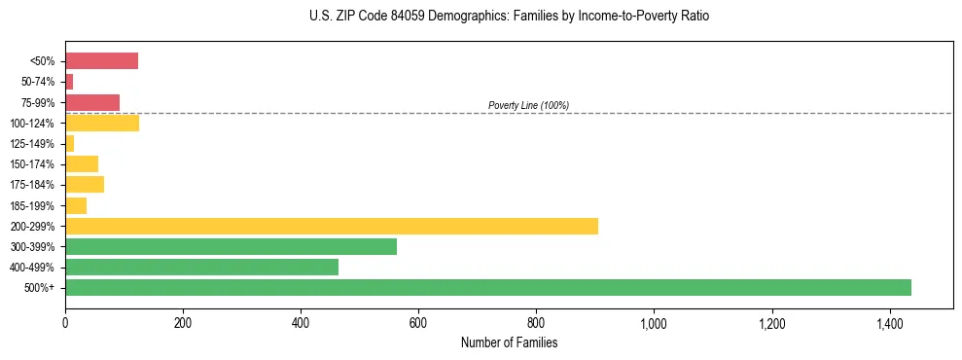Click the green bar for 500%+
point(487,287)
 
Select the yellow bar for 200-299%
point(331,226)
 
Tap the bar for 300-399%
point(231,246)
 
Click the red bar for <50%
point(101,61)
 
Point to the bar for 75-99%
point(92,102)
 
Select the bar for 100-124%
point(102,123)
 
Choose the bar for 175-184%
point(85,184)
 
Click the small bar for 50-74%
point(69,82)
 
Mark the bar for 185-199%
point(76,205)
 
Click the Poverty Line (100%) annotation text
point(528,105)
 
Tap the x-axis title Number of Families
point(509,342)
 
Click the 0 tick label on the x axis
point(65,321)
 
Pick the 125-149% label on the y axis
point(32,144)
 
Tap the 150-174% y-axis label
point(32,164)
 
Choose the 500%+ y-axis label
point(39,288)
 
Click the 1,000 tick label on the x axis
point(654,321)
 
